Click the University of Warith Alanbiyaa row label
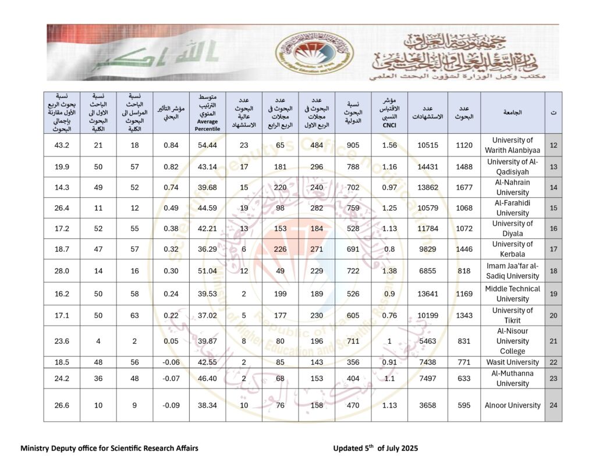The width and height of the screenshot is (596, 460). pos(512,145)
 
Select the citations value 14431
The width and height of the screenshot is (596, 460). pos(428,167)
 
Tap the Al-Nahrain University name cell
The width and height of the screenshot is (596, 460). pos(512,187)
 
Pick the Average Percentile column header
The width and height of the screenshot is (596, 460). pos(207,112)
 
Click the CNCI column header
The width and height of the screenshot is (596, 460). pos(389,112)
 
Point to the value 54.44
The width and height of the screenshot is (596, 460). pos(207,145)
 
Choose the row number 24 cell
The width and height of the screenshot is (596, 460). pos(553,405)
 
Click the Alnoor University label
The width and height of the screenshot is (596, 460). pos(512,405)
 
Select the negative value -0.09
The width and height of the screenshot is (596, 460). pos(171,405)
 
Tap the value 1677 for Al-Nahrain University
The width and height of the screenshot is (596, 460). pos(464,187)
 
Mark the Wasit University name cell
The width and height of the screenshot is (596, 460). pos(512,362)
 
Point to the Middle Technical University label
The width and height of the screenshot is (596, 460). pos(512,294)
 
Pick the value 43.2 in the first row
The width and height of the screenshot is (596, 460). pos(61,145)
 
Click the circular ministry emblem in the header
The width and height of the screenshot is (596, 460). pos(314,52)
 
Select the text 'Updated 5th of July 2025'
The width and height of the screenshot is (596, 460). pos(375,448)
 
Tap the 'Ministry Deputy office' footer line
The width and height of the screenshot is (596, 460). pos(109,448)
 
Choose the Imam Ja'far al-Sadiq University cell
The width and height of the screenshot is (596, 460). pos(512,271)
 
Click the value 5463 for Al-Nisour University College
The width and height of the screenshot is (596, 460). pos(428,341)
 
